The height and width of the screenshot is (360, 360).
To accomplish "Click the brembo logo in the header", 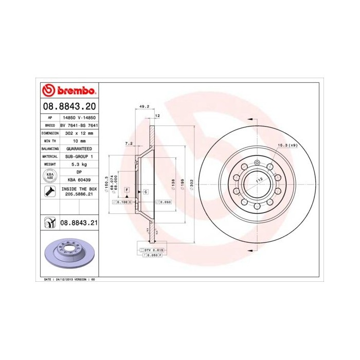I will click(69, 90).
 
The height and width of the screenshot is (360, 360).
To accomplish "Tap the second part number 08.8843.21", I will click(79, 223).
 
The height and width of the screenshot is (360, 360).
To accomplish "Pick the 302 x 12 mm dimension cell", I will click(79, 133).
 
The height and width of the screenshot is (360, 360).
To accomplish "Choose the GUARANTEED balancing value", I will click(79, 148).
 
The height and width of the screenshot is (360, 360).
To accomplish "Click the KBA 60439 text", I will click(79, 180).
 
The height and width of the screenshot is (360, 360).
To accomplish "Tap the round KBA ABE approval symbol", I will click(50, 176).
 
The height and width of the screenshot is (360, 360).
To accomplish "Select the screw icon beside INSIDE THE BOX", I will click(50, 192).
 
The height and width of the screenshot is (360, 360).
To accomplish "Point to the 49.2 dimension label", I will click(144, 107).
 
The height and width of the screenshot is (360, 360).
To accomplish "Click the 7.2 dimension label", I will click(129, 144).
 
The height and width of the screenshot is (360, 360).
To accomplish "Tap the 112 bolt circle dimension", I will click(260, 178).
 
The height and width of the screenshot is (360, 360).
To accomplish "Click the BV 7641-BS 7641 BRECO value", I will click(79, 125).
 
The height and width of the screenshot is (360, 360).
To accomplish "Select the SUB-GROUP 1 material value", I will click(79, 156).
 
